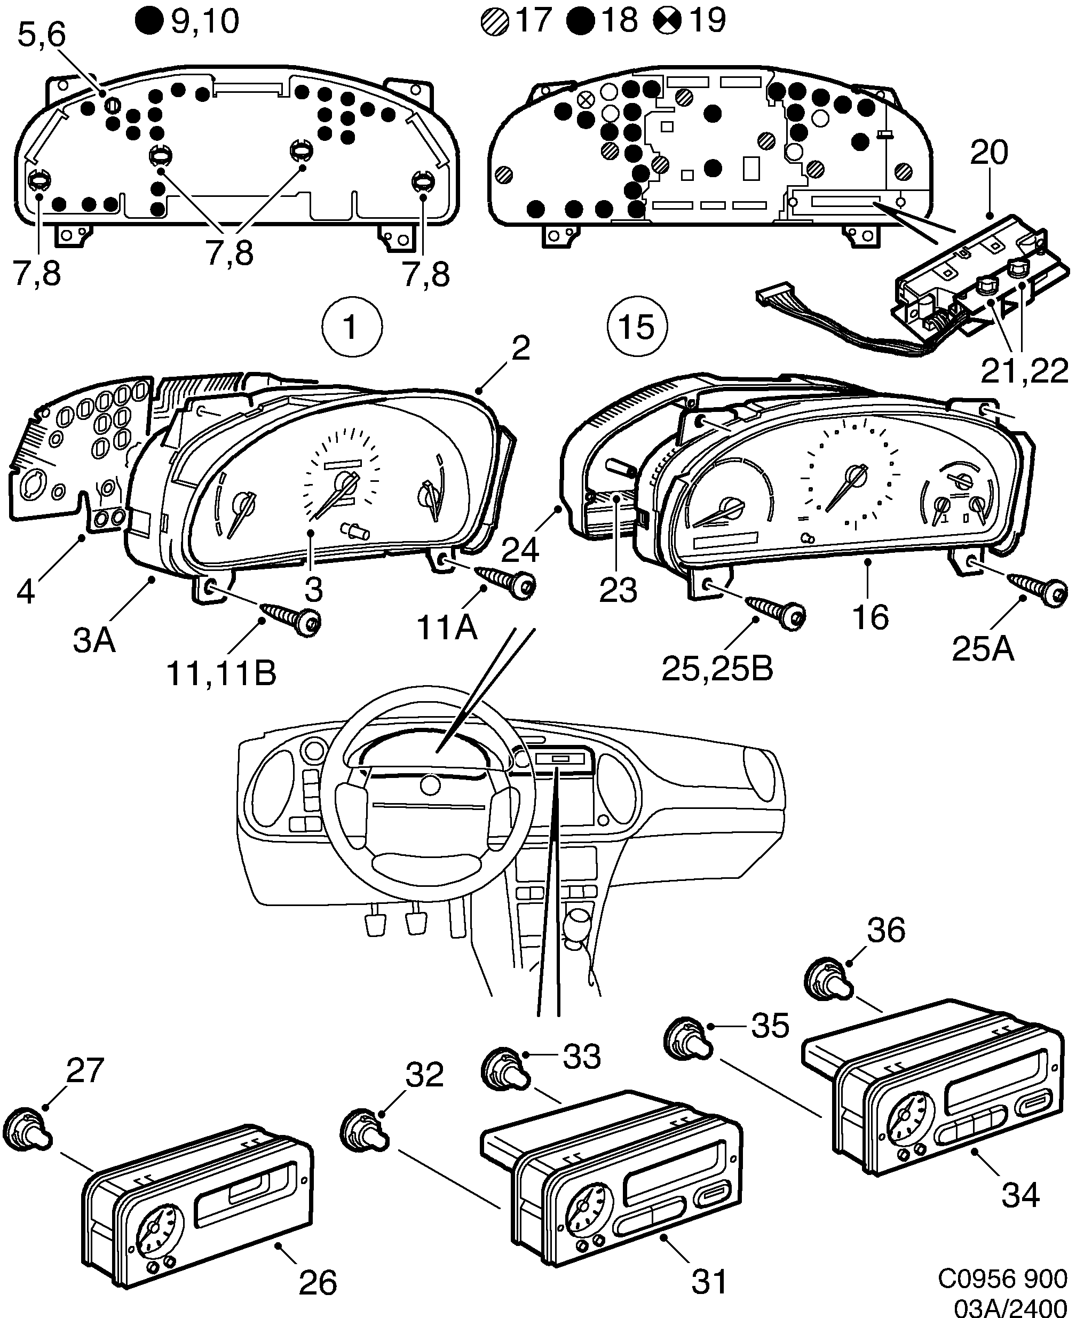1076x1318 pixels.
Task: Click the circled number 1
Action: pyautogui.click(x=352, y=327)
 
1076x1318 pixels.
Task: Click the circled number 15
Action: pyautogui.click(x=637, y=327)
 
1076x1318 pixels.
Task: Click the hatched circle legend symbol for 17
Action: pyautogui.click(x=495, y=22)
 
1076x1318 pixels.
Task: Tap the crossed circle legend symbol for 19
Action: pyautogui.click(x=667, y=22)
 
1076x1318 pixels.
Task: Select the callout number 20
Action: pyautogui.click(x=988, y=153)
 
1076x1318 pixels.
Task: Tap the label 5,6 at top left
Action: pyautogui.click(x=41, y=35)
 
